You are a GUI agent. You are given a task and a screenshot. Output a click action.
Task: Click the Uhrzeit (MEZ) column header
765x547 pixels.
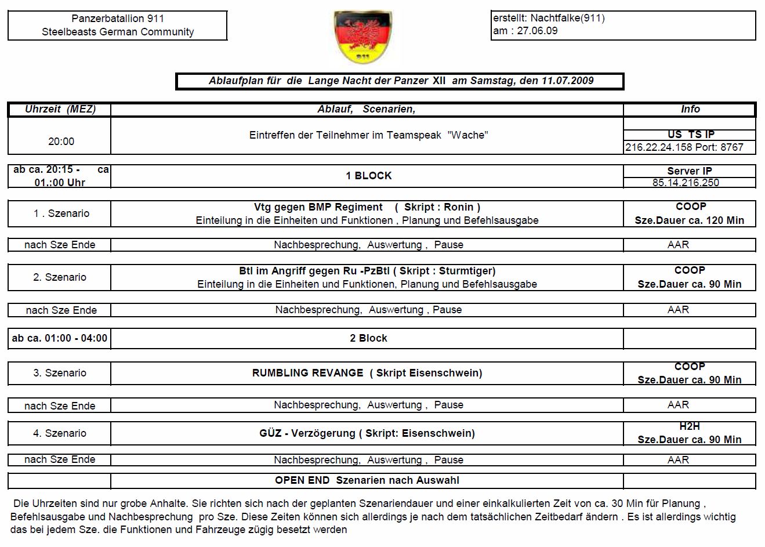tap(60, 109)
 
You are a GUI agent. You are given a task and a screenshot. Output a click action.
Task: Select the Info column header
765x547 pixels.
tap(690, 109)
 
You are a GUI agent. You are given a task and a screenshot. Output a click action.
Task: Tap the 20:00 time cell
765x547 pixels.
tap(61, 142)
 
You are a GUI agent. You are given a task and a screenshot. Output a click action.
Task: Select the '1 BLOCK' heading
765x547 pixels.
tap(368, 176)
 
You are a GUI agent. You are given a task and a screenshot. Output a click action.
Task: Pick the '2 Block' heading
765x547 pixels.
tap(368, 338)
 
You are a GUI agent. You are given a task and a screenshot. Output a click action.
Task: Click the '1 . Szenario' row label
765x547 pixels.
tap(61, 213)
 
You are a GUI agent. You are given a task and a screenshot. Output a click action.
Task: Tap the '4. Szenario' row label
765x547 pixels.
tap(60, 433)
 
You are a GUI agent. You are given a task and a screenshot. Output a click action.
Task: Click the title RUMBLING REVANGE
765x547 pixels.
tap(307, 373)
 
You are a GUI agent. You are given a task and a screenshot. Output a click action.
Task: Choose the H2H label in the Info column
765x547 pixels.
tap(690, 427)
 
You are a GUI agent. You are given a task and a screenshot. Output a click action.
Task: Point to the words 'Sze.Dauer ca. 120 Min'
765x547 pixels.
tap(690, 220)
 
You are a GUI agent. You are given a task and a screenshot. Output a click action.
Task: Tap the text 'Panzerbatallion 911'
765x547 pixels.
tap(118, 19)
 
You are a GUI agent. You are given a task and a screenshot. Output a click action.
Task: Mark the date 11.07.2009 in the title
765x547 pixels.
tap(567, 81)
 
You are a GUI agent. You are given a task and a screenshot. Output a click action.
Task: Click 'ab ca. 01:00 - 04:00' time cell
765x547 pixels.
tap(60, 338)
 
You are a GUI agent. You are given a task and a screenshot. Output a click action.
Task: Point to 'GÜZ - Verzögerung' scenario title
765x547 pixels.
tap(307, 433)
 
